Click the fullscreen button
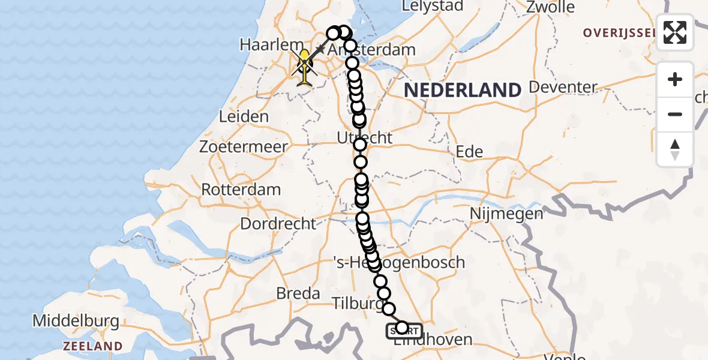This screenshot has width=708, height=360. (x=675, y=32)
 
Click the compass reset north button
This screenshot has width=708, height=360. (x=675, y=149)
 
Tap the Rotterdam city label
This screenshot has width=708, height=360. (x=241, y=190)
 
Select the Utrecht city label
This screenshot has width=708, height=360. (x=364, y=138)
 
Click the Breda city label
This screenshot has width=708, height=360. (x=298, y=293)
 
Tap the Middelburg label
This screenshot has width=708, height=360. (x=76, y=321)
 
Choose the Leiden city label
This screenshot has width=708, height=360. (x=244, y=116)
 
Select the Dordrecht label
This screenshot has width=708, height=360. (x=278, y=224)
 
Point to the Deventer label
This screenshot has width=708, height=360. (x=563, y=88)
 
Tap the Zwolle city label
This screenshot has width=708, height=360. (x=550, y=8)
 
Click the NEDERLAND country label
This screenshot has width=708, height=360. (x=463, y=91)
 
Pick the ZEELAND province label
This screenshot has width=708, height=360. (x=92, y=346)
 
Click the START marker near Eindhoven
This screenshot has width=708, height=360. (x=404, y=329)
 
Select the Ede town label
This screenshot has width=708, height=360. (x=469, y=152)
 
